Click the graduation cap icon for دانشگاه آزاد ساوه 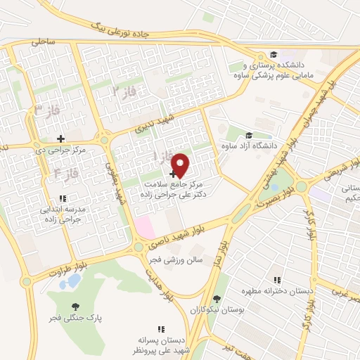[x=249, y=136]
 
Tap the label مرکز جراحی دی [x=60, y=150]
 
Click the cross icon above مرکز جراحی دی [x=61, y=139]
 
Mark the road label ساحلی [x=43, y=42]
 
